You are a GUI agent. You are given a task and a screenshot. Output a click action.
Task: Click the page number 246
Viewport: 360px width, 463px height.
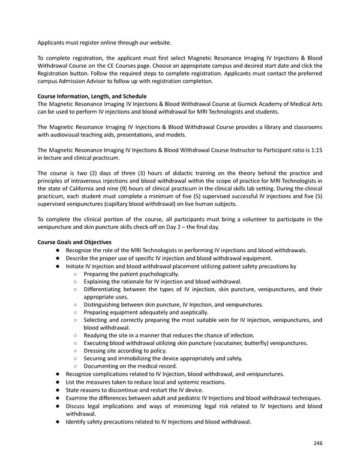317,443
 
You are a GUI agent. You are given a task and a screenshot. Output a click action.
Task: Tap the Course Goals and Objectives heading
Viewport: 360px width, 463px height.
74,242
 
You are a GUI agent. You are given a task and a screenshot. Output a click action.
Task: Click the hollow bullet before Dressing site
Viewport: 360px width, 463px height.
75,351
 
